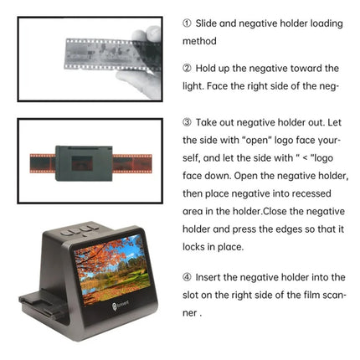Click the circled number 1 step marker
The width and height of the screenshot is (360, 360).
(x=186, y=23)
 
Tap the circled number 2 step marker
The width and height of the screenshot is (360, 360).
(x=186, y=68)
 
